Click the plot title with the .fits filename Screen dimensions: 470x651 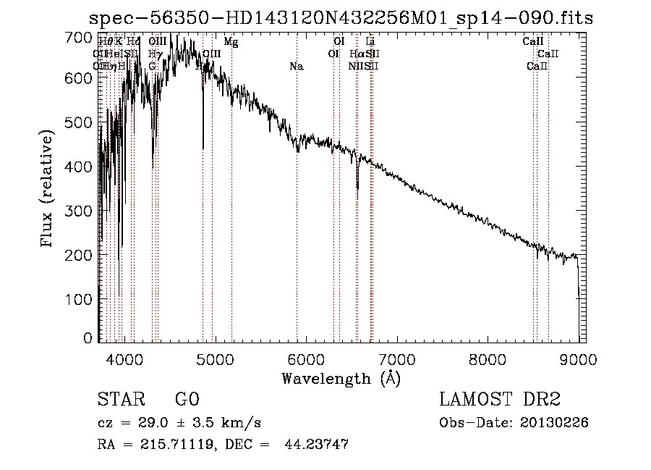(x=341, y=19)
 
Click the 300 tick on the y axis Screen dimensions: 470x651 (x=83, y=211)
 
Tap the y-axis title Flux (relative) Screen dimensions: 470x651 (x=48, y=190)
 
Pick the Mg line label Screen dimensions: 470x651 (x=231, y=42)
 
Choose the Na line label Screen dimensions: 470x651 (x=296, y=67)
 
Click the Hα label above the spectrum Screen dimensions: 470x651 (x=356, y=54)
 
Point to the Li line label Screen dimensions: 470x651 (x=370, y=42)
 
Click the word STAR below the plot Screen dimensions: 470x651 (x=120, y=400)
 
